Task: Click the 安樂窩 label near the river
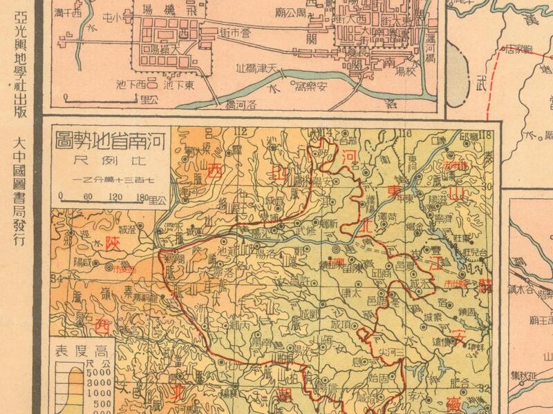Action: coord(313,87)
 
